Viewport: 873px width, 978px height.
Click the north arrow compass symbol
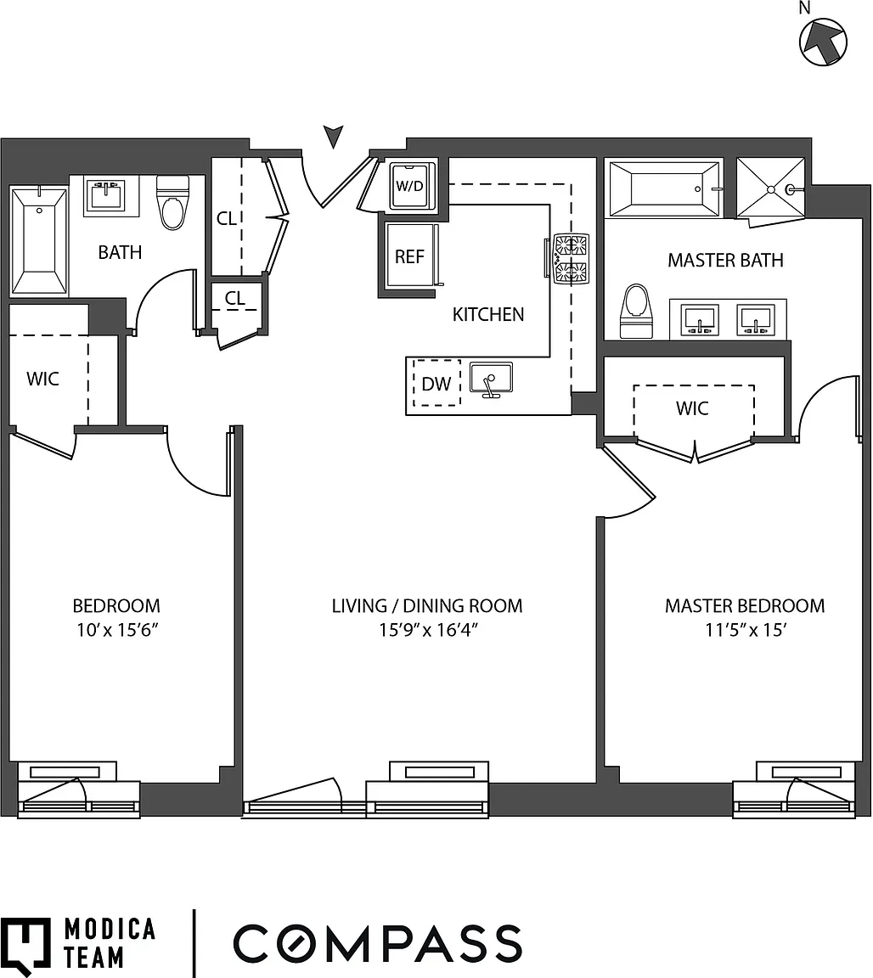(823, 41)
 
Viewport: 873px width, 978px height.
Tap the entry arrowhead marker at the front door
(333, 136)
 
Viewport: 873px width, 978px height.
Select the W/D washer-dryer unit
(409, 185)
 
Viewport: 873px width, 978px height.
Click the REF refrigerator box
(409, 256)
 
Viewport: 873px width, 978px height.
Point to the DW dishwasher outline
(436, 383)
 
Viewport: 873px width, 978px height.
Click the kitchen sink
(491, 379)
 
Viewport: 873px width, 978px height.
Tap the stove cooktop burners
(571, 259)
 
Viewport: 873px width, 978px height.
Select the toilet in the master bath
(636, 312)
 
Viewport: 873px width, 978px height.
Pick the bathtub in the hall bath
(39, 241)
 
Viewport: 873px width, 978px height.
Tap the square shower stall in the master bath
(770, 189)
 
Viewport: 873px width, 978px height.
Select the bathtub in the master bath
(664, 189)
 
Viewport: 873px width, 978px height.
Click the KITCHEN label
(488, 314)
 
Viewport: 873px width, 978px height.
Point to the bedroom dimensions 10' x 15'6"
(117, 630)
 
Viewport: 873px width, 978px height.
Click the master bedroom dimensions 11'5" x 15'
(746, 630)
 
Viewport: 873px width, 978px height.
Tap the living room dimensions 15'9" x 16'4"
(428, 630)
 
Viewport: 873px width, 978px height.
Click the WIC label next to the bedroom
(42, 379)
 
